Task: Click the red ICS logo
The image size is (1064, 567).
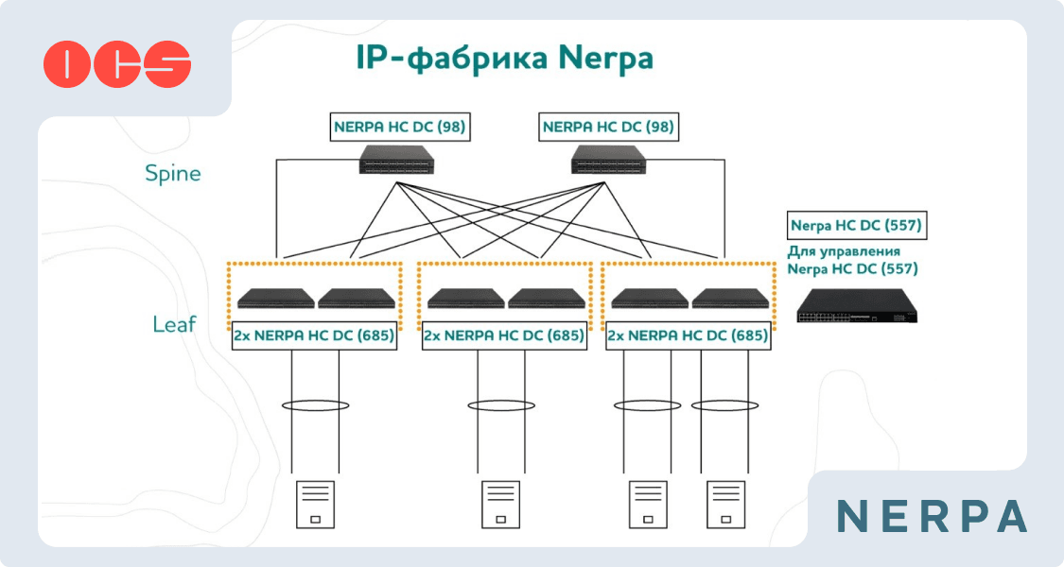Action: (117, 64)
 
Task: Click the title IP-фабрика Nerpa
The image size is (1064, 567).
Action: (504, 59)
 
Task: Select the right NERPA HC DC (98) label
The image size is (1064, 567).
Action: (608, 127)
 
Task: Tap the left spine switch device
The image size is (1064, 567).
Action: (396, 163)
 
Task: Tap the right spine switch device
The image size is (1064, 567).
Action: (608, 163)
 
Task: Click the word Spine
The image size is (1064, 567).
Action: (172, 174)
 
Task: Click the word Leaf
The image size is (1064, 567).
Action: (174, 324)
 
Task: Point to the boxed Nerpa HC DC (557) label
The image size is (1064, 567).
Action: (856, 226)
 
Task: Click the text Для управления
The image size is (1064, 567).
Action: (844, 252)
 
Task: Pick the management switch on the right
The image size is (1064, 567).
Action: (857, 305)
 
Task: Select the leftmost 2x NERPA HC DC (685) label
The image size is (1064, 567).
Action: (314, 335)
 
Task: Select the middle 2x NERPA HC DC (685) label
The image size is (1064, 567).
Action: (503, 335)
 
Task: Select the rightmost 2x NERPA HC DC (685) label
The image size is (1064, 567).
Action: (687, 335)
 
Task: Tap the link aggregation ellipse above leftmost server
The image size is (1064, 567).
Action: (315, 405)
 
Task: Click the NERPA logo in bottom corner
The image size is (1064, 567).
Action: (933, 516)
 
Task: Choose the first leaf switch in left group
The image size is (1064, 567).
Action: (275, 299)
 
